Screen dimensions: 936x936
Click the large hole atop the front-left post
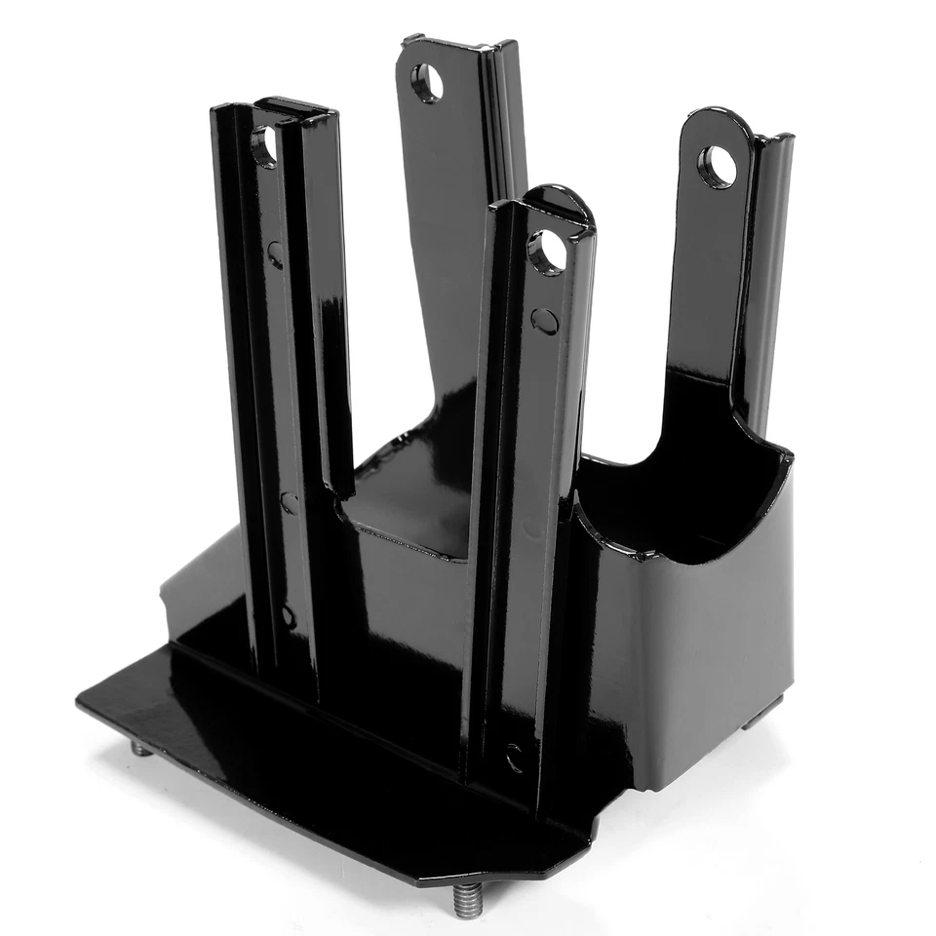click(264, 146)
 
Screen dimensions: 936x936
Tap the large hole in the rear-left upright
click(426, 83)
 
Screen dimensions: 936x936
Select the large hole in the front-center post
click(547, 252)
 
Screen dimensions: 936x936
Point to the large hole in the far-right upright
click(718, 167)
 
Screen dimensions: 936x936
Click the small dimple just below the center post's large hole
click(546, 321)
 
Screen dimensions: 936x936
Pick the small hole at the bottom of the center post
click(515, 757)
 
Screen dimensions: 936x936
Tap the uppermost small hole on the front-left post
click(276, 254)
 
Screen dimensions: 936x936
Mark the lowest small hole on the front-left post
click(288, 616)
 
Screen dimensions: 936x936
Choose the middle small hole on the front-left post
click(290, 502)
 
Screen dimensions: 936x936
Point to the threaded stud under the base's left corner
click(142, 749)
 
